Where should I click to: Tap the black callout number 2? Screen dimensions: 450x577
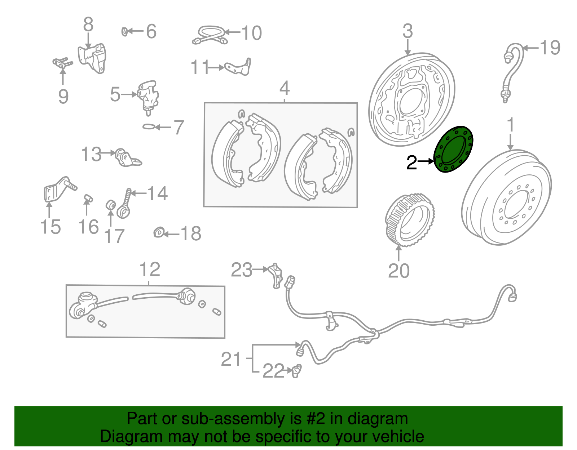tap(411, 163)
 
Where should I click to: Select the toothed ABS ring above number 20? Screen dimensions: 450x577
tap(410, 220)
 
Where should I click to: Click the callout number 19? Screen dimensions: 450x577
tap(550, 48)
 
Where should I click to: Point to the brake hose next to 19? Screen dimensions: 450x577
tap(513, 72)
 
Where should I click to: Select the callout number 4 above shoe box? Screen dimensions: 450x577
tap(285, 88)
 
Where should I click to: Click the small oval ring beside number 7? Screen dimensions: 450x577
tap(148, 127)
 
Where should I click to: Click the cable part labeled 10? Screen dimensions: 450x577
tap(210, 35)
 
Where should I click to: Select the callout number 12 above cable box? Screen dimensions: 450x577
tap(150, 269)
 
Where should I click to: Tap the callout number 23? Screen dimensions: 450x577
tap(242, 270)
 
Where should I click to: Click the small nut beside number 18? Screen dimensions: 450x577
tap(159, 233)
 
